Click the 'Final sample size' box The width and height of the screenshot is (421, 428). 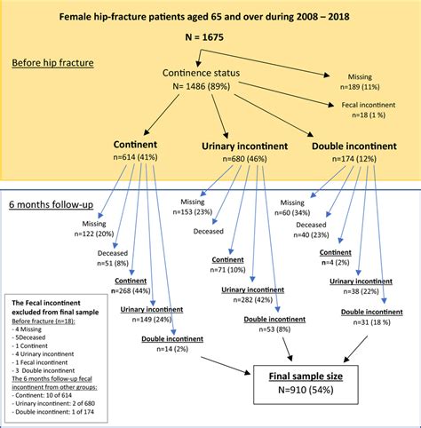pos(304,381)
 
